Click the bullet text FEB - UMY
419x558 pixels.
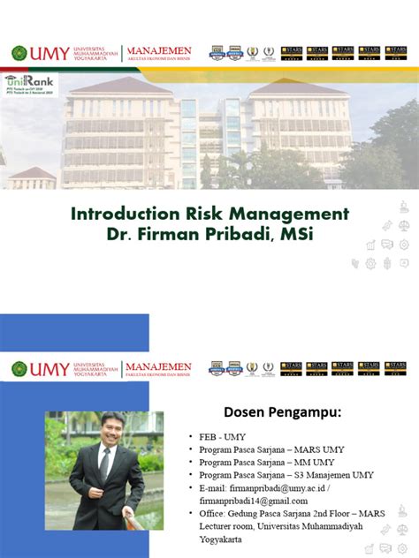tap(223, 437)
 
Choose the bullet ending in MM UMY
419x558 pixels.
tap(264, 462)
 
